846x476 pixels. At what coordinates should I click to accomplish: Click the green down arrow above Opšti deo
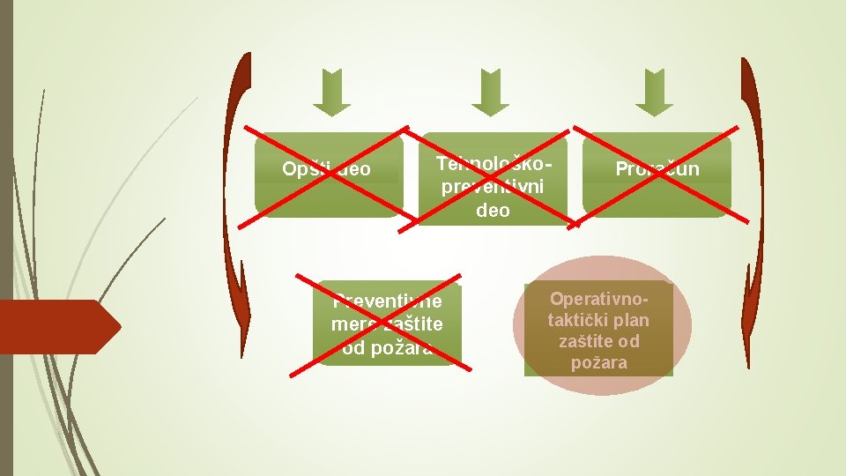point(331,93)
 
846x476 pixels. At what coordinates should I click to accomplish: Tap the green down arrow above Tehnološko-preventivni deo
point(490,93)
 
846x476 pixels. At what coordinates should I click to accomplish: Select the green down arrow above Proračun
point(654,93)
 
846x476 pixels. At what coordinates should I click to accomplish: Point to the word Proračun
point(657,168)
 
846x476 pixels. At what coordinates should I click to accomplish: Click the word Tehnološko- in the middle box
point(494,165)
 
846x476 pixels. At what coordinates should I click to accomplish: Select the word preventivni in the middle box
point(493,188)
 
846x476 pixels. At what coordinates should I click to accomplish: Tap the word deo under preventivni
point(493,211)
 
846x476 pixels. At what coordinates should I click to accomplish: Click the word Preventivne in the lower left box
point(387,302)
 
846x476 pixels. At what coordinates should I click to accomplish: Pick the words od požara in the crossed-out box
point(387,348)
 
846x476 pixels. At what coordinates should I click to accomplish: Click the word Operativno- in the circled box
point(598,300)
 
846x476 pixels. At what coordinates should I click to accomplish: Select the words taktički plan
point(598,320)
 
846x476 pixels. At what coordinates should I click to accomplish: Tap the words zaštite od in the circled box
point(598,341)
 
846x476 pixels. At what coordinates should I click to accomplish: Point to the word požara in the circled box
point(598,362)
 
